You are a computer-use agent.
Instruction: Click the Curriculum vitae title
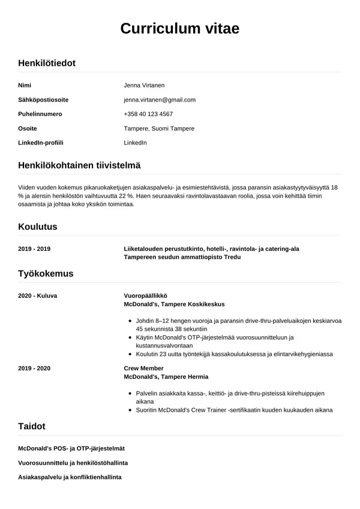click(x=180, y=28)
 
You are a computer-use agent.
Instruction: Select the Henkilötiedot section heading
click(x=47, y=63)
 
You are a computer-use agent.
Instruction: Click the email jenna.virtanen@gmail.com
click(x=160, y=100)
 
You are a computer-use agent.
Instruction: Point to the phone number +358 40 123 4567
click(x=148, y=114)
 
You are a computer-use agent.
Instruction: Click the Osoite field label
click(x=28, y=128)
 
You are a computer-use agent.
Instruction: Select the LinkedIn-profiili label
click(x=41, y=143)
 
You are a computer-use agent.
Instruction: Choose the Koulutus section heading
click(x=38, y=227)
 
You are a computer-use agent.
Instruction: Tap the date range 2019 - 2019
click(x=34, y=248)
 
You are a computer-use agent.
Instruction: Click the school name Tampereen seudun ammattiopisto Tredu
click(x=182, y=257)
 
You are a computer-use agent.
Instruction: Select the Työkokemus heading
click(x=46, y=274)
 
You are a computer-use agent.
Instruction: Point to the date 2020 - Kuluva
click(x=38, y=295)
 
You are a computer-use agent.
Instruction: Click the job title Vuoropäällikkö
click(x=145, y=295)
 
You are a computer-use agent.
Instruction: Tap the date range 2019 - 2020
click(x=34, y=368)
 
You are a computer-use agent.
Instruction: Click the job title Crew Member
click(x=143, y=368)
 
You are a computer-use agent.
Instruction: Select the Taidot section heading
click(x=32, y=426)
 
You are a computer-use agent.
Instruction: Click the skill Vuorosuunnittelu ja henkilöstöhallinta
click(x=73, y=463)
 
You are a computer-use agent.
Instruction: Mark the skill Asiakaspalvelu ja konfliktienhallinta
click(x=70, y=477)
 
